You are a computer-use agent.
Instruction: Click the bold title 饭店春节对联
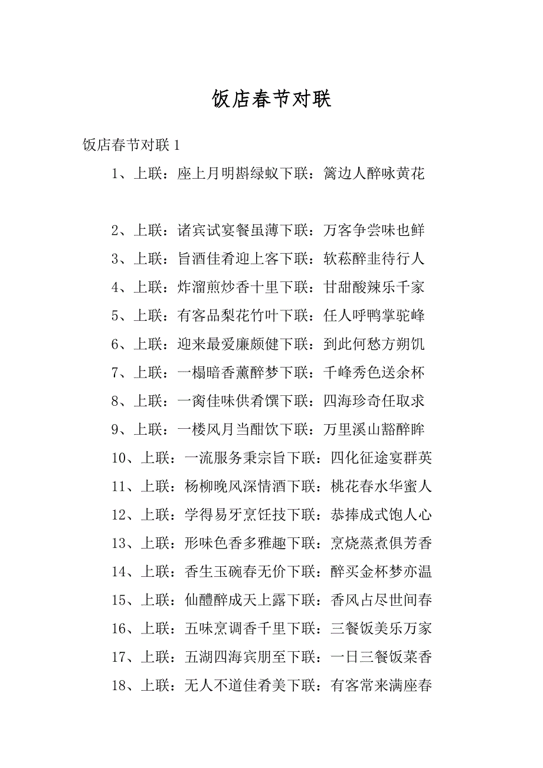click(271, 99)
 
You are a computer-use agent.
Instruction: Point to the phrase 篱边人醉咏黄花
click(374, 173)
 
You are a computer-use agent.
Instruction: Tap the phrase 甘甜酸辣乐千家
click(374, 287)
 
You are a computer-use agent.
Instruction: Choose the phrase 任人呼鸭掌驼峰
click(374, 316)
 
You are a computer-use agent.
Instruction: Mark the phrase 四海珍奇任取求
click(374, 401)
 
